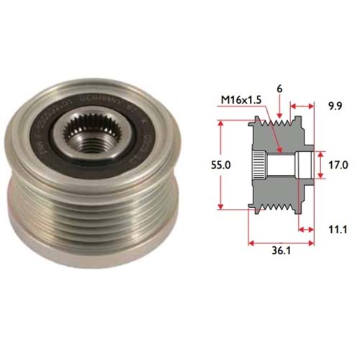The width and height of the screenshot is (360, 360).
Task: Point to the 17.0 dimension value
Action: (x=337, y=165)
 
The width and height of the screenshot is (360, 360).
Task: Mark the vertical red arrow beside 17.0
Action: (x=319, y=166)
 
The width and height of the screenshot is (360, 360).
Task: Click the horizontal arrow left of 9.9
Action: (x=300, y=103)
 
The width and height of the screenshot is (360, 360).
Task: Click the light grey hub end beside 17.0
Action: (x=305, y=166)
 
